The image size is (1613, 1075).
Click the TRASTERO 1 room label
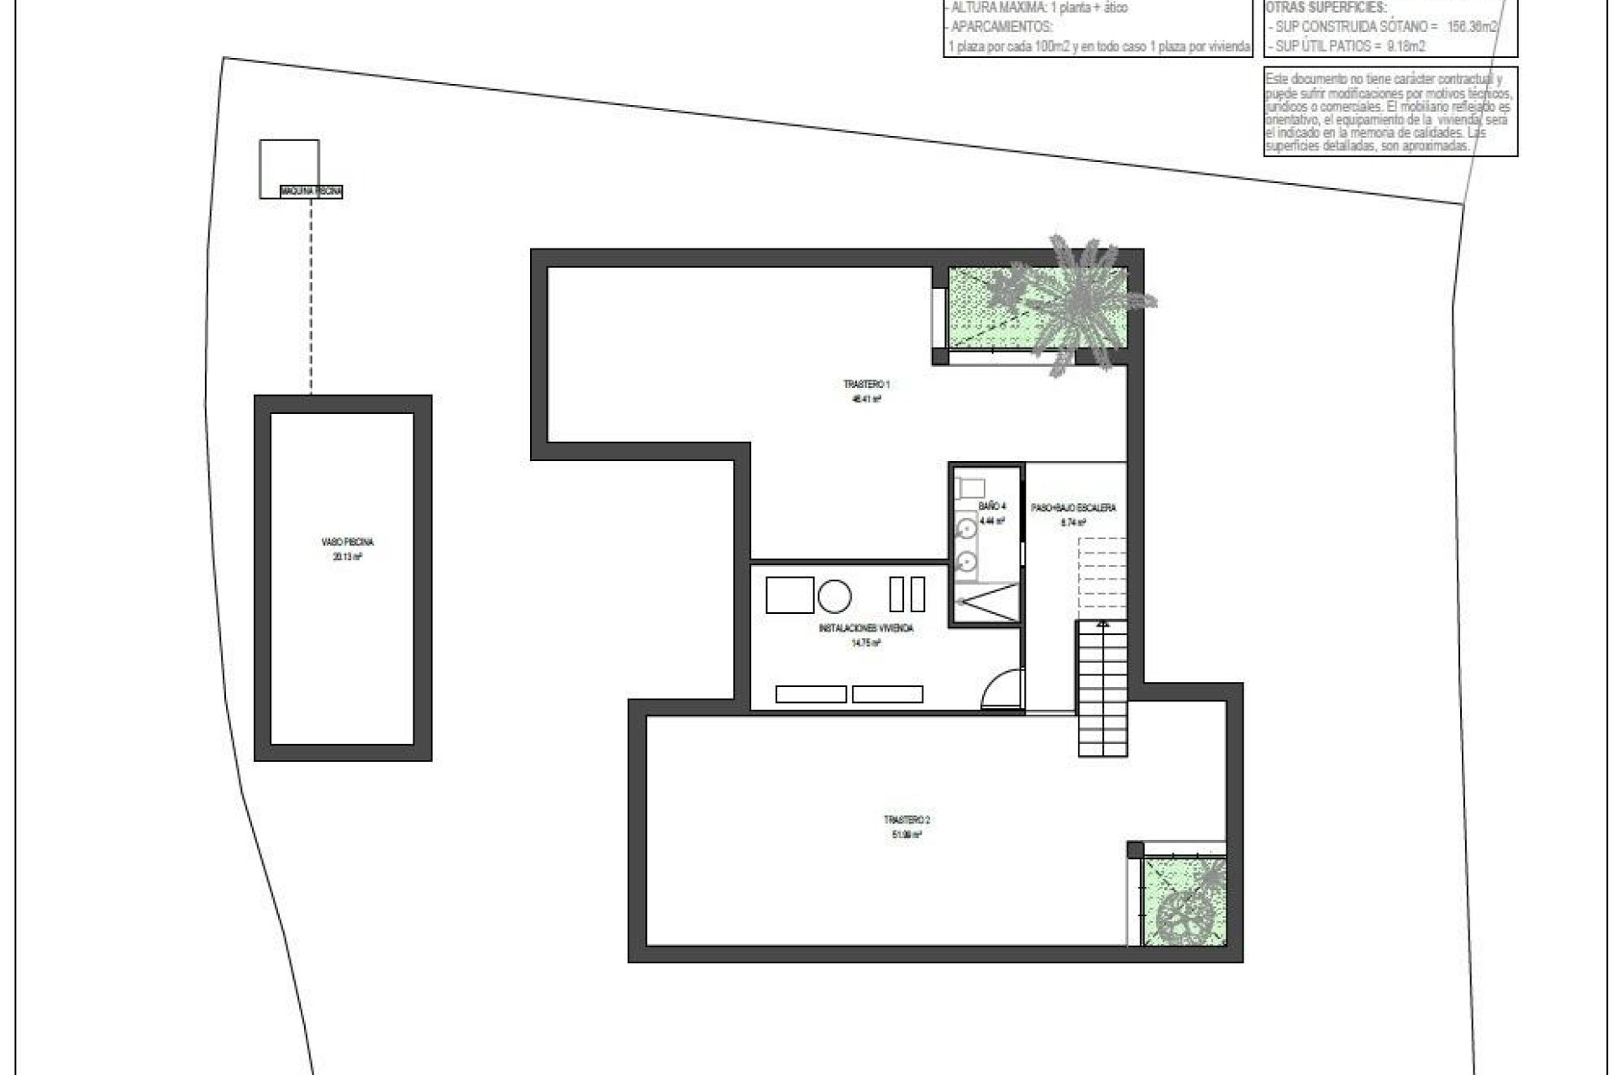click(x=866, y=385)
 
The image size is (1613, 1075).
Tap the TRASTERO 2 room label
click(x=907, y=820)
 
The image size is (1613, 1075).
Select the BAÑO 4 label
click(x=992, y=506)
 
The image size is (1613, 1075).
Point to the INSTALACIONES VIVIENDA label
click(x=865, y=628)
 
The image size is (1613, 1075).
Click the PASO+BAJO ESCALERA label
click(x=1073, y=508)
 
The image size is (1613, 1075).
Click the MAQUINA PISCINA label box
click(x=312, y=192)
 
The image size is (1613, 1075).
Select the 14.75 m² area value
click(x=865, y=643)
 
